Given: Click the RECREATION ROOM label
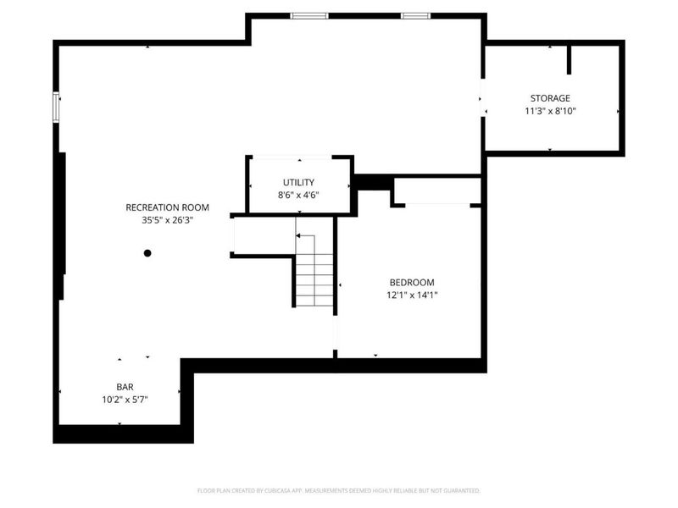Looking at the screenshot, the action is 167,207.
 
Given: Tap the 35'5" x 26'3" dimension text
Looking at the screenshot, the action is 167,220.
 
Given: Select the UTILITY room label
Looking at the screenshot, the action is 298,182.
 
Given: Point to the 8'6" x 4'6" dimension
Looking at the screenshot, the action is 298,195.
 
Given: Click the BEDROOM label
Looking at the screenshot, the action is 412,283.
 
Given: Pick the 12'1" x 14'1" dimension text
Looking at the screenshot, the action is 412,295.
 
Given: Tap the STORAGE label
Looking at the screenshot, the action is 550,98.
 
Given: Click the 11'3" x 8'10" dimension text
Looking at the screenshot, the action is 550,111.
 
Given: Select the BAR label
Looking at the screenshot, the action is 125,387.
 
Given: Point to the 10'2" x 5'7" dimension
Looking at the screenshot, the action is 125,400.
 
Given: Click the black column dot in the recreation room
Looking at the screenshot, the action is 147,253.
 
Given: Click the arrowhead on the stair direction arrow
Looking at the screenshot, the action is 298,235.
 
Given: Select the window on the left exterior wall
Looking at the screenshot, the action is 56,108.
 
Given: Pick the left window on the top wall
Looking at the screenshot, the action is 309,16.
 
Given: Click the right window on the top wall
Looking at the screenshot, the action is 415,16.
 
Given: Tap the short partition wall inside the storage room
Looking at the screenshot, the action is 569,59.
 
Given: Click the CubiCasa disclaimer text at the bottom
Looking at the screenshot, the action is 338,491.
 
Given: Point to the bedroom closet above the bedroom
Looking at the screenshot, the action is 437,190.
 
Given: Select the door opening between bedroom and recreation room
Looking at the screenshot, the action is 335,333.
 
